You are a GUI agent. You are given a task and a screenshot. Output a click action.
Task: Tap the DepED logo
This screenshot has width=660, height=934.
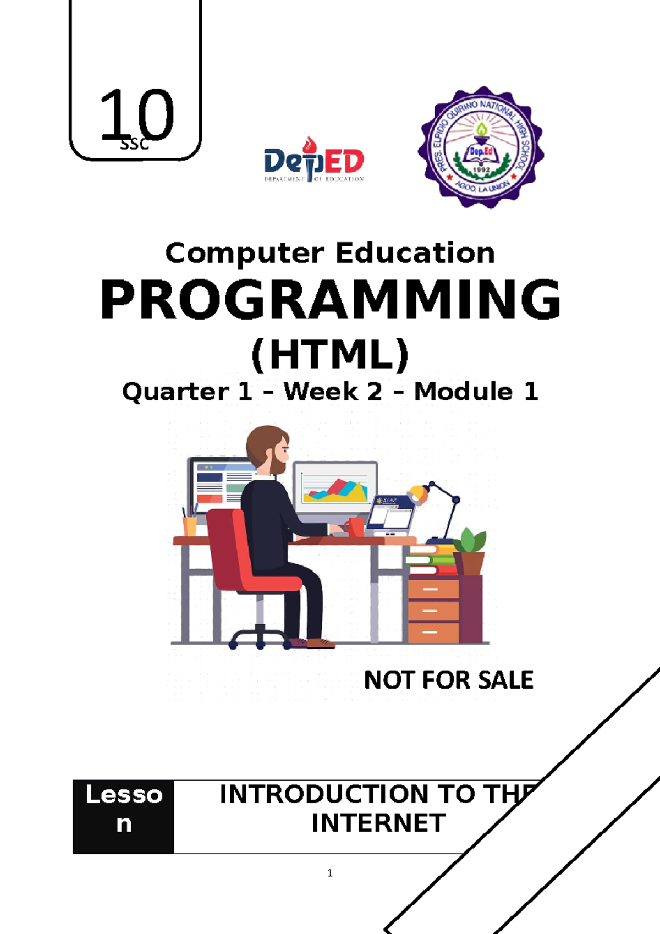pyautogui.click(x=313, y=161)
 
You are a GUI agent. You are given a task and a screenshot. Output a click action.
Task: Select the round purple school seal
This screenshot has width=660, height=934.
pyautogui.click(x=481, y=147)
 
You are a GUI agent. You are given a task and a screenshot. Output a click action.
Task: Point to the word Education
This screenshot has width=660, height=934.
pyautogui.click(x=415, y=254)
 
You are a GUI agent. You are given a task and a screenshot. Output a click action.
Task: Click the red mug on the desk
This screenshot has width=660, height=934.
pyautogui.click(x=356, y=526)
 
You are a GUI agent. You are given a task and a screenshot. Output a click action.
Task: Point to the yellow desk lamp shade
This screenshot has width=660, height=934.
pyautogui.click(x=418, y=493)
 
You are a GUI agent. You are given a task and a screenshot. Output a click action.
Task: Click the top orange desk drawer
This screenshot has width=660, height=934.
pyautogui.click(x=433, y=589)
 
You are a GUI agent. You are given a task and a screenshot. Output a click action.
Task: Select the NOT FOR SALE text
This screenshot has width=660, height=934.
pyautogui.click(x=448, y=680)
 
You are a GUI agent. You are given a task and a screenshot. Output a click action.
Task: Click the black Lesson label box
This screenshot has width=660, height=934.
pyautogui.click(x=124, y=816)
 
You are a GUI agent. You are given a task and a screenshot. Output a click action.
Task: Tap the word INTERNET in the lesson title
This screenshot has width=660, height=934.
pyautogui.click(x=378, y=823)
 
